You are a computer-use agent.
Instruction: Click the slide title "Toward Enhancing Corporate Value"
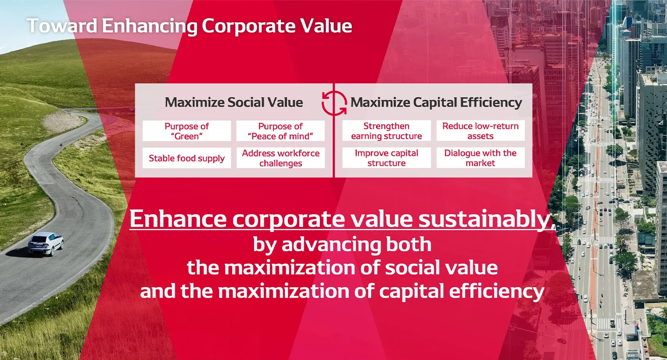tap(189, 26)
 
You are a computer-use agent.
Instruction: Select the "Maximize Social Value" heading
tap(234, 102)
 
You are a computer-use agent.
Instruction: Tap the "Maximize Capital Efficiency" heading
tap(436, 102)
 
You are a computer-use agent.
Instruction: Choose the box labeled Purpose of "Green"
tap(186, 131)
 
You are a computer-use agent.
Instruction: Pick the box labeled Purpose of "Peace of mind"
tap(280, 131)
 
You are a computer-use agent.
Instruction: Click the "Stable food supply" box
tap(186, 158)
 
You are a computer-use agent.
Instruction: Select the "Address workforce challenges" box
tap(280, 158)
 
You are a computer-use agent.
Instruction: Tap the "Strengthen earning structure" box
tap(386, 131)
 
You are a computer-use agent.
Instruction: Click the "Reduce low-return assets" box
tap(480, 131)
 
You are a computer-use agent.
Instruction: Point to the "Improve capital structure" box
tap(386, 158)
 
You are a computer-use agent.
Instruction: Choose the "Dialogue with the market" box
tap(480, 158)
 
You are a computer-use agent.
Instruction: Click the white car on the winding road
tap(46, 244)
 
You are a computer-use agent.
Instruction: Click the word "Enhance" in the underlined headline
tap(178, 219)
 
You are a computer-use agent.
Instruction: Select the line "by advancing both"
tap(342, 244)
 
